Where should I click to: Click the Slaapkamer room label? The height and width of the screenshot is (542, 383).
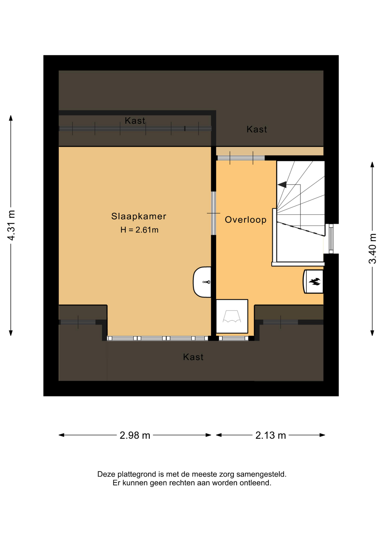(x=139, y=216)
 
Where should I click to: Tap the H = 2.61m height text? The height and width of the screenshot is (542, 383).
(x=139, y=230)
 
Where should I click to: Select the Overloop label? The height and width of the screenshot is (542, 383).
(x=245, y=220)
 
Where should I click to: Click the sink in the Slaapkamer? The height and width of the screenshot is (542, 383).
(x=202, y=282)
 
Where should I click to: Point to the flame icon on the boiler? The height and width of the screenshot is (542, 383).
(x=314, y=281)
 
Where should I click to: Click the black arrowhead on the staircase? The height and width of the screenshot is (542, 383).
(x=282, y=185)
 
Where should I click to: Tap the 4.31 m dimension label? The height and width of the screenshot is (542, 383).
(x=11, y=226)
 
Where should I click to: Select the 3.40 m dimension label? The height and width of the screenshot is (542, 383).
(x=372, y=249)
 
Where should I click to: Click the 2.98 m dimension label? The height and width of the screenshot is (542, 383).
(x=135, y=435)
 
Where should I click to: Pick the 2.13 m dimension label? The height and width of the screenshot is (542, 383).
(x=270, y=435)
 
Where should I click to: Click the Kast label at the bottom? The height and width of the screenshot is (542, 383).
(x=193, y=357)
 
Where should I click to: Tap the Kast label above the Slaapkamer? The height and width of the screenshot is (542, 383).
(x=135, y=121)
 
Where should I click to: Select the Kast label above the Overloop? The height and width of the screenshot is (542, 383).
(x=257, y=129)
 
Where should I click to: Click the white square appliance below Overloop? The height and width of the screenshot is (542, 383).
(x=232, y=316)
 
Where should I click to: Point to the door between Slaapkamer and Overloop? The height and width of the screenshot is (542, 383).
(x=213, y=213)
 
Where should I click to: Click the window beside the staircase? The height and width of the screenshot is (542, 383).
(x=331, y=239)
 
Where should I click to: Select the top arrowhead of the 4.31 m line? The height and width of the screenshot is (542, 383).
(x=11, y=118)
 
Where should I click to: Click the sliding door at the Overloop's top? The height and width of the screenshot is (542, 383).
(x=241, y=158)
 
